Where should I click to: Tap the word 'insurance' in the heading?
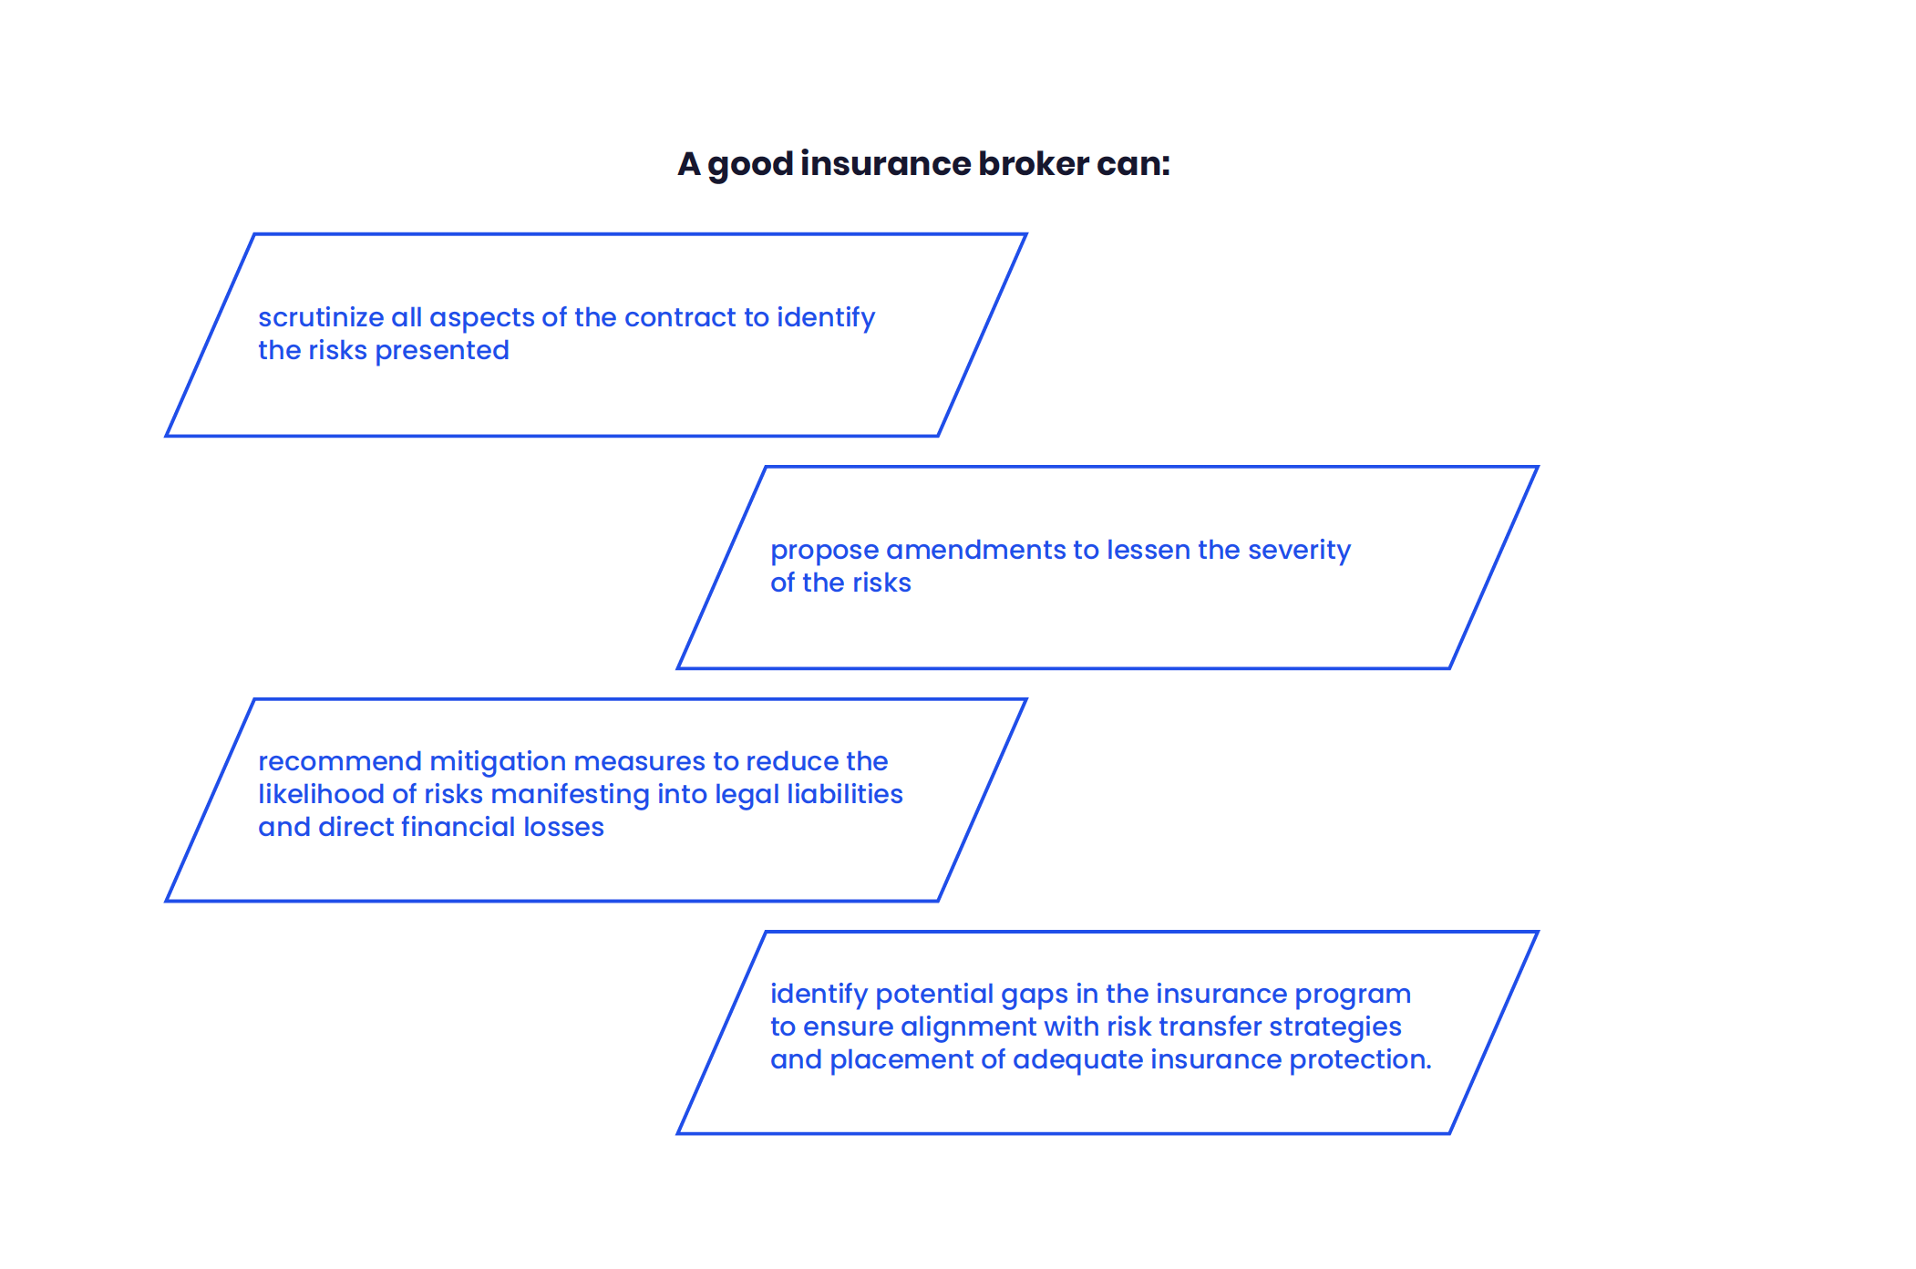[886, 164]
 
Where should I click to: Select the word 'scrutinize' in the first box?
[321, 317]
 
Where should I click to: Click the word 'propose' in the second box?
[825, 551]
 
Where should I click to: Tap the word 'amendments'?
[976, 550]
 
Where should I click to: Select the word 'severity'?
[1299, 551]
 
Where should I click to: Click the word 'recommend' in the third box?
[340, 761]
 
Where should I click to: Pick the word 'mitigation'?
[498, 762]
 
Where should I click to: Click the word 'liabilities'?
[845, 794]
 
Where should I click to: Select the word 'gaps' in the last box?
[1035, 995]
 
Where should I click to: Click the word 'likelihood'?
[321, 794]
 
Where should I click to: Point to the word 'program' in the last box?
[1353, 995]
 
